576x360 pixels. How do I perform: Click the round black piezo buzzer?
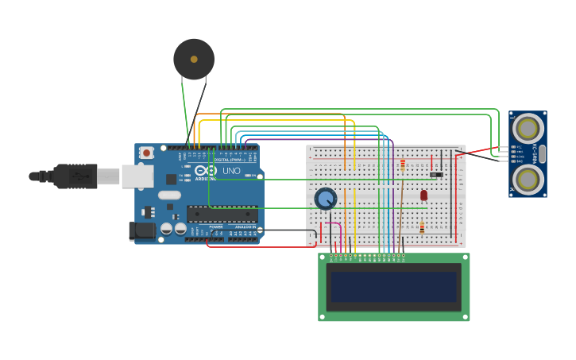[x=194, y=59]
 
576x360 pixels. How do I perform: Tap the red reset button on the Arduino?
[x=146, y=153]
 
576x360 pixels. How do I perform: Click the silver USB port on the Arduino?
[x=137, y=176]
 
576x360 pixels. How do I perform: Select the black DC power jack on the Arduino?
[x=141, y=230]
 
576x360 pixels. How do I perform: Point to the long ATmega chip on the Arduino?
[x=222, y=214]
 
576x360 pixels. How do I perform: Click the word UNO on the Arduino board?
[x=231, y=171]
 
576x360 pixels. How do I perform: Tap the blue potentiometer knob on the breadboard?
[x=325, y=198]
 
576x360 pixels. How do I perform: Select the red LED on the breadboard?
[x=423, y=195]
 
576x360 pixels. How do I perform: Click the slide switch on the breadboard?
[x=436, y=174]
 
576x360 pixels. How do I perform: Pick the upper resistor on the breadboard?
[x=403, y=165]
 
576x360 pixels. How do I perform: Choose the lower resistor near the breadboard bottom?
[x=422, y=228]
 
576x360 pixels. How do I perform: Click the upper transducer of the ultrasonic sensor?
[x=528, y=128]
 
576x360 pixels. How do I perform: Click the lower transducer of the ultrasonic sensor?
[x=528, y=180]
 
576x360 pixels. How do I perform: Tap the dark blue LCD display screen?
[x=394, y=287]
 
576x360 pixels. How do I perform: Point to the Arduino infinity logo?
[x=206, y=171]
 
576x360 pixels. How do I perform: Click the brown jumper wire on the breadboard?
[x=401, y=207]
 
